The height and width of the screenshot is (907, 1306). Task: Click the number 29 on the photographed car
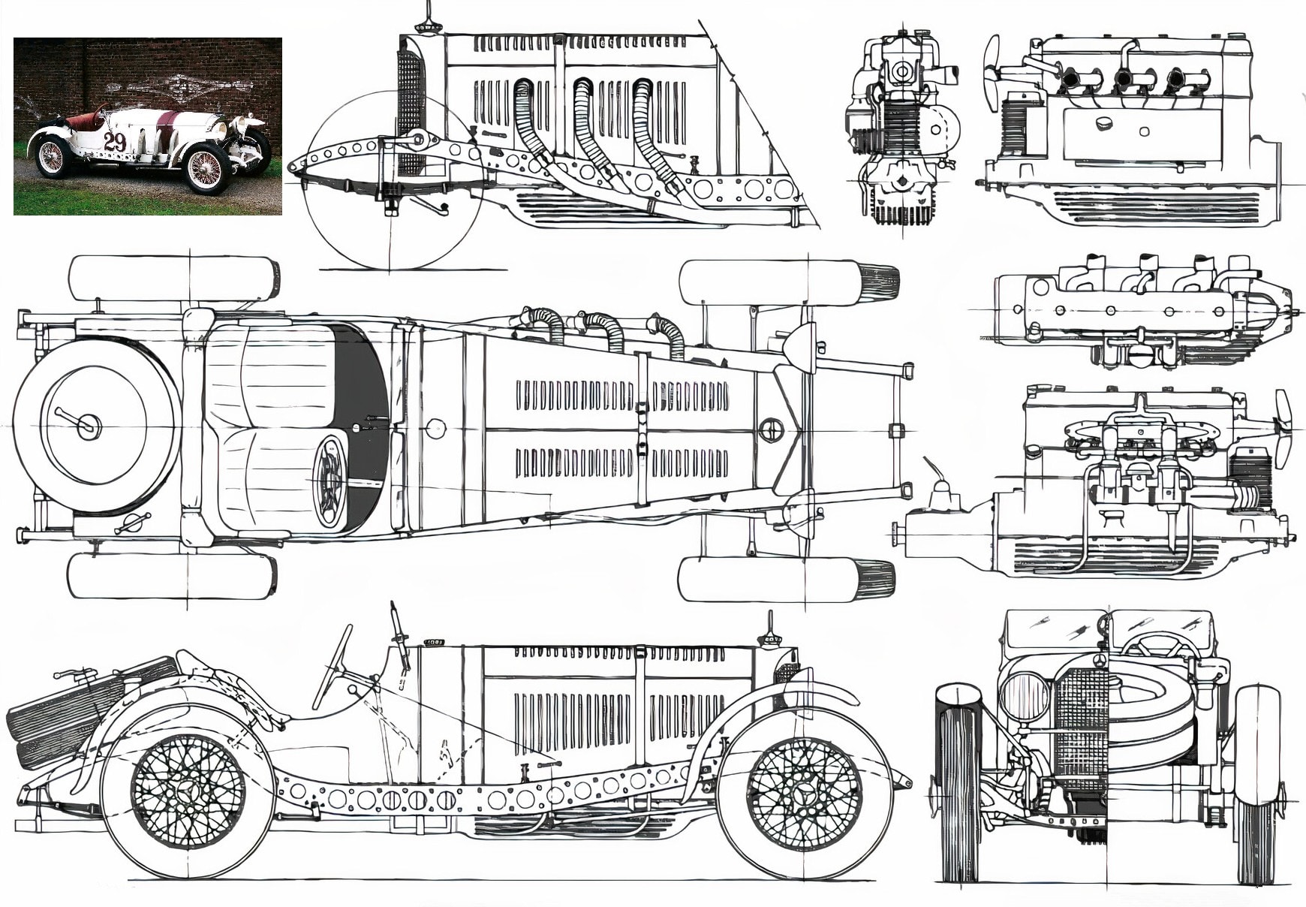coord(114,141)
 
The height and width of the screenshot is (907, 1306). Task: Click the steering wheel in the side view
coord(333,667)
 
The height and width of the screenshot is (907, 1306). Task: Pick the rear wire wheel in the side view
coord(188,792)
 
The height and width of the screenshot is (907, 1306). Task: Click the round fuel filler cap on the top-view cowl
coord(435,429)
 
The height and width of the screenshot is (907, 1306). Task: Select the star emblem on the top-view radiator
coord(771,430)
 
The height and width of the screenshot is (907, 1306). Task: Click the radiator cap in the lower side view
coord(769,638)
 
